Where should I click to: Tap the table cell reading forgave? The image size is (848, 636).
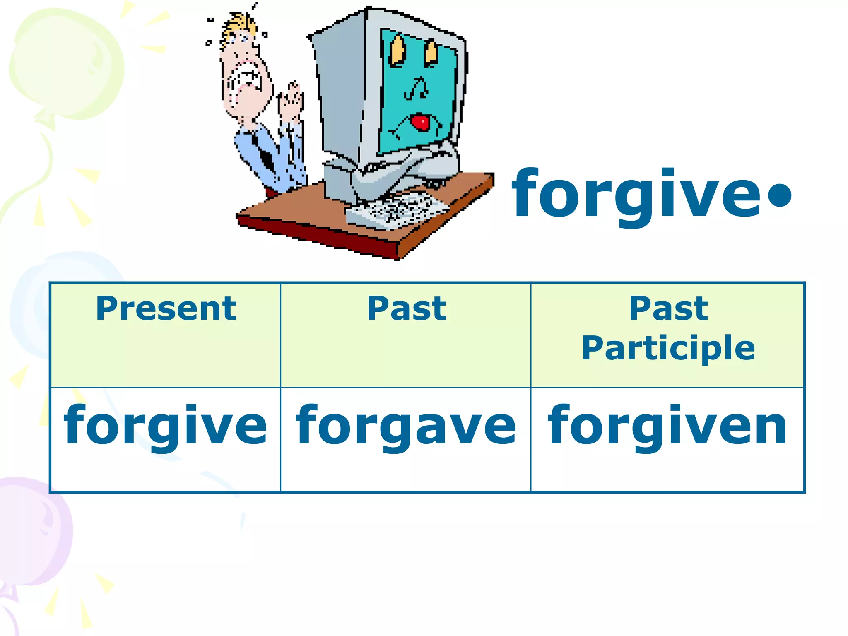406,426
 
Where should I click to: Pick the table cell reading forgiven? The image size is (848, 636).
667,426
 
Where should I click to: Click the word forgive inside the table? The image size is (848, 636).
165,426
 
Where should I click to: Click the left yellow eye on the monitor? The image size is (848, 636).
398,51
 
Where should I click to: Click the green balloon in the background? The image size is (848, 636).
66,62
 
